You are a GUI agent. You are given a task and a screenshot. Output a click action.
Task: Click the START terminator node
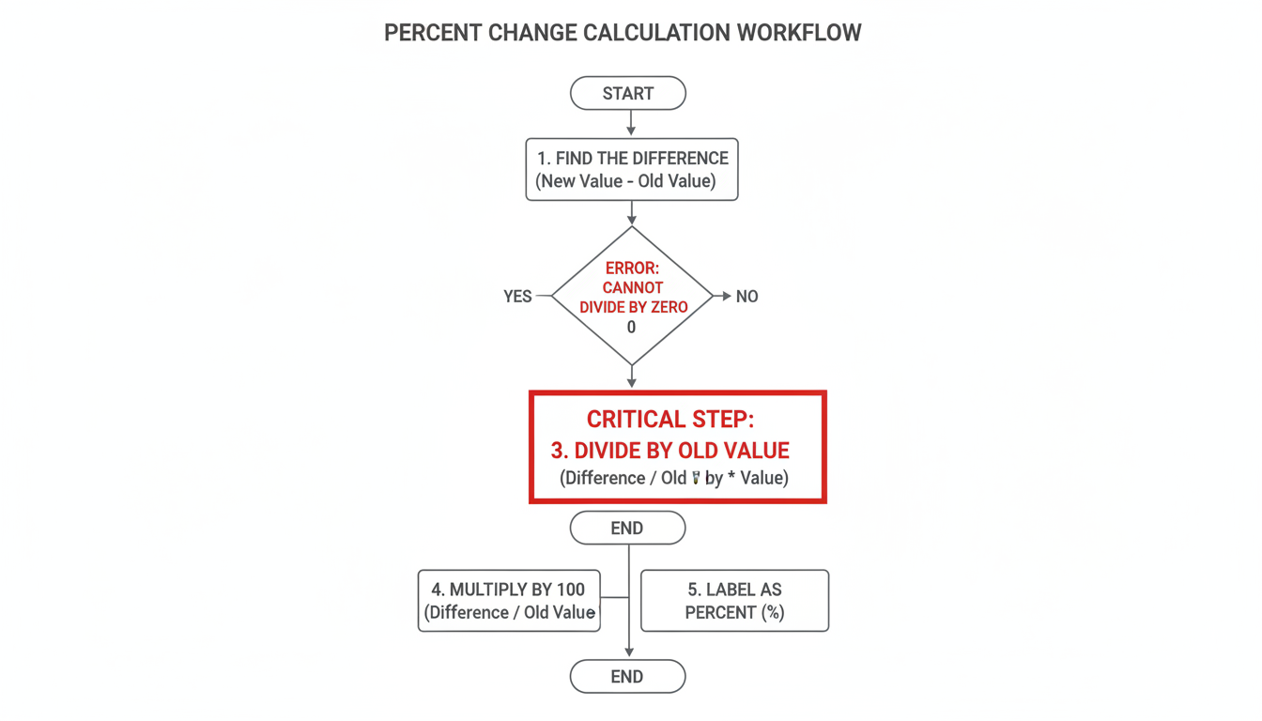click(x=628, y=94)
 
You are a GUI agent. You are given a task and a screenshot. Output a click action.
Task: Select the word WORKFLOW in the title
click(x=798, y=33)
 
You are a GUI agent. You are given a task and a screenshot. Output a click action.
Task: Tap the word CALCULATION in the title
click(x=655, y=33)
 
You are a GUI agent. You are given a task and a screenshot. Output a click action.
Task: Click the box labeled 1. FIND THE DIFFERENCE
click(x=632, y=170)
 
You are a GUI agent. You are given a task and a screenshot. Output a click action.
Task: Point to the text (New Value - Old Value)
click(x=625, y=181)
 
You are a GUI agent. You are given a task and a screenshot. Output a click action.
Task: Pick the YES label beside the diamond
click(x=517, y=297)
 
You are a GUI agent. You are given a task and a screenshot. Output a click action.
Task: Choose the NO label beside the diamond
click(x=746, y=297)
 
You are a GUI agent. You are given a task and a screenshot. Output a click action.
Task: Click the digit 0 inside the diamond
click(x=631, y=328)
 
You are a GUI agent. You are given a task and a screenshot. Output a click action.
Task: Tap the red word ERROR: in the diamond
click(x=633, y=268)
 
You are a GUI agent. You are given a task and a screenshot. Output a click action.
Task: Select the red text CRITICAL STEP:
click(x=669, y=420)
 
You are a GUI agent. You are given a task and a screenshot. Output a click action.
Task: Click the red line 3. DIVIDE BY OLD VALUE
click(x=669, y=451)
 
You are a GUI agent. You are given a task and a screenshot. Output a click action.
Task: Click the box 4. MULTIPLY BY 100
click(x=509, y=601)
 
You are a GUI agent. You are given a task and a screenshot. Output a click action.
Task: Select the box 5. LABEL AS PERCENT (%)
click(x=734, y=601)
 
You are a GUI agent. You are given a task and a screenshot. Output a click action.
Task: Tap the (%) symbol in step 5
click(x=772, y=613)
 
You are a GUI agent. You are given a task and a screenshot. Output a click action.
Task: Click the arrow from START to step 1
click(x=631, y=124)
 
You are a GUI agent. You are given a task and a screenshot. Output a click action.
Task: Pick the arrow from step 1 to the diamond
click(x=632, y=213)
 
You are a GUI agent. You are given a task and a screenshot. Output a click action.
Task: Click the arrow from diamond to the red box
click(x=632, y=377)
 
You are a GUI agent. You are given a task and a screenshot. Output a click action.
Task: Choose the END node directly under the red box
click(x=627, y=529)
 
